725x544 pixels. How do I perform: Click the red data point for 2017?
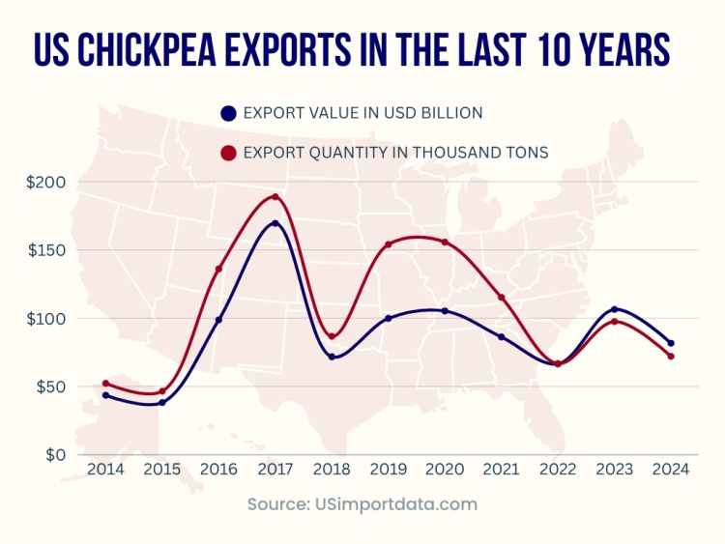(x=275, y=197)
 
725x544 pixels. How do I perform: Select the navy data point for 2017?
(x=275, y=224)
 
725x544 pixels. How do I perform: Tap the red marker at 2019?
(x=389, y=244)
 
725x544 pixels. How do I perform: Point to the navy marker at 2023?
(x=615, y=309)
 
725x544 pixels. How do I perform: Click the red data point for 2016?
(x=218, y=269)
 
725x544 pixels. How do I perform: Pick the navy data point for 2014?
(x=105, y=395)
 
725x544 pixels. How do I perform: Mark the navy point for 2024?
(x=671, y=343)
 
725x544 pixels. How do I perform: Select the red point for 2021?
(x=502, y=297)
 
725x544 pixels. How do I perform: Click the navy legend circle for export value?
(x=228, y=113)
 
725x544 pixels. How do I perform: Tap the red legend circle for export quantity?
(x=228, y=153)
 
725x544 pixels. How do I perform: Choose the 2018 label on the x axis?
(x=332, y=471)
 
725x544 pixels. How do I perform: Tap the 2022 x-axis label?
(x=558, y=471)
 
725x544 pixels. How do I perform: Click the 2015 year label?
(x=161, y=471)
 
